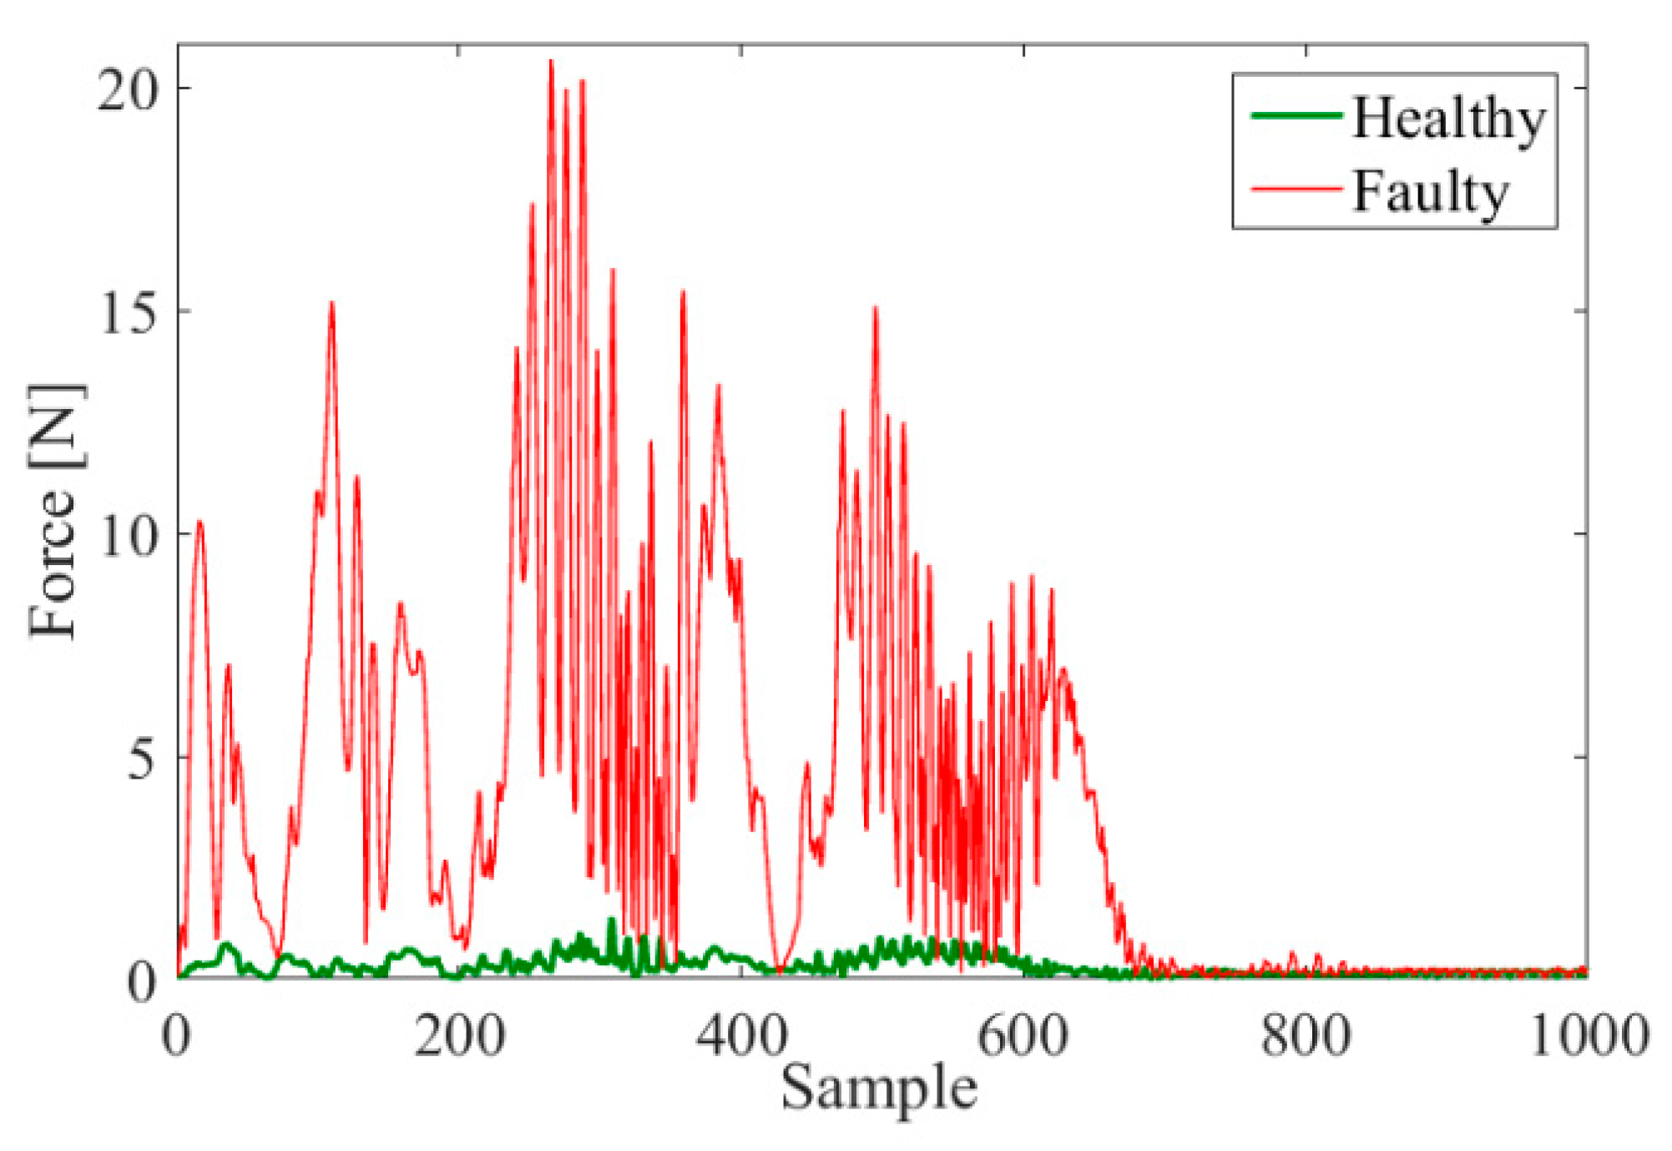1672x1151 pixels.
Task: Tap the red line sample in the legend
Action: (x=1296, y=189)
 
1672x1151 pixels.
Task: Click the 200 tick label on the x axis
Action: (x=459, y=1036)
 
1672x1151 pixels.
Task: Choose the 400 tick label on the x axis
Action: (x=741, y=1036)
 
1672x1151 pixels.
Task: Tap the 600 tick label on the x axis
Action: (x=1023, y=1036)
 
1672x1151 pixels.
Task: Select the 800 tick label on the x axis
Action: (x=1306, y=1036)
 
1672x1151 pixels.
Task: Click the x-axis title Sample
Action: (x=879, y=1088)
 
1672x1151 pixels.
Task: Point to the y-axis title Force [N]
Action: (x=55, y=511)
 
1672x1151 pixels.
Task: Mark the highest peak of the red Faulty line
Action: (x=551, y=61)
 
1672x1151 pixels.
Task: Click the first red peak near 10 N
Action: (x=200, y=522)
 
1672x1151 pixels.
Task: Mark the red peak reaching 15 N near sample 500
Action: (x=876, y=309)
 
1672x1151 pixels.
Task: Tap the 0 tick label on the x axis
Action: (x=177, y=1036)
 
